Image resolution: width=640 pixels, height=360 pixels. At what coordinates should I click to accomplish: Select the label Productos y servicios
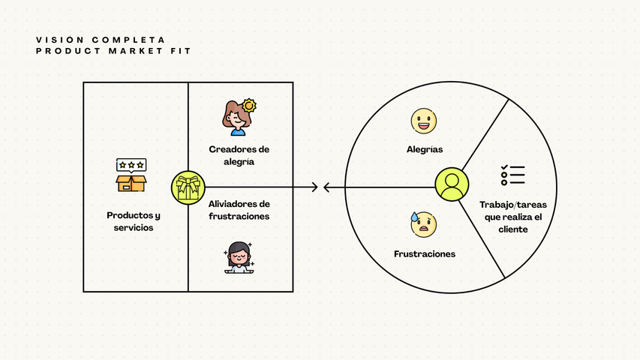pos(134,220)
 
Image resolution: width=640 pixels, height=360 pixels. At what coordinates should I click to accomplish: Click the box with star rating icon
pos(131,175)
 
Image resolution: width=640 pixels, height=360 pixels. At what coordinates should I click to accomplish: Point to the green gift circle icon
pos(188,187)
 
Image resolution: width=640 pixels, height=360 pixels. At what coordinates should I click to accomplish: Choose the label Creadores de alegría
pos(239,154)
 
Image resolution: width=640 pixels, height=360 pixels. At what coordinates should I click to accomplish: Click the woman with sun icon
pos(239,118)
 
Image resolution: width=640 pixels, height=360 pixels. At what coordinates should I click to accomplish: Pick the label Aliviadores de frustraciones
pos(239,210)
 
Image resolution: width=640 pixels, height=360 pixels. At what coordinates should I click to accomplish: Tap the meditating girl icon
pos(239,258)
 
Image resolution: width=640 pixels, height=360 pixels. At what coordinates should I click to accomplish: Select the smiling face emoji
pos(424,120)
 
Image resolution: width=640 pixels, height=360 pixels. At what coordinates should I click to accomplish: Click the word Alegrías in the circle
pos(424,149)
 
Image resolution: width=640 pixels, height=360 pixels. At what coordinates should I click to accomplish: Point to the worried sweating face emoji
pos(424,223)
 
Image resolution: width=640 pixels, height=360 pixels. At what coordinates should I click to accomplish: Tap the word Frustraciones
pos(424,254)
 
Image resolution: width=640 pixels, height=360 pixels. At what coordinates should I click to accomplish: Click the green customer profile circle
pos(452,185)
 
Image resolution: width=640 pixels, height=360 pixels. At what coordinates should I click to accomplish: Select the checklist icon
pos(513,175)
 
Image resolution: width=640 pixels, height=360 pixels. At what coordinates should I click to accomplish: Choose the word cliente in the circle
pos(513,229)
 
